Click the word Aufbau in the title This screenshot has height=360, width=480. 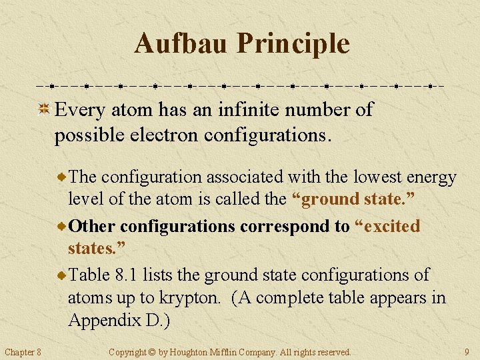click(181, 44)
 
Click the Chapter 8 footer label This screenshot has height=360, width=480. click(23, 351)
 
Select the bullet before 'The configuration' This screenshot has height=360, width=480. click(62, 177)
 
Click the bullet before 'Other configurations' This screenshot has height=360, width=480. click(62, 227)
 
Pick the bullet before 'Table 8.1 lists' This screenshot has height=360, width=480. click(62, 275)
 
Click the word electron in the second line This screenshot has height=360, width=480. click(167, 135)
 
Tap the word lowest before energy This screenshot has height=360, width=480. click(372, 177)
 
